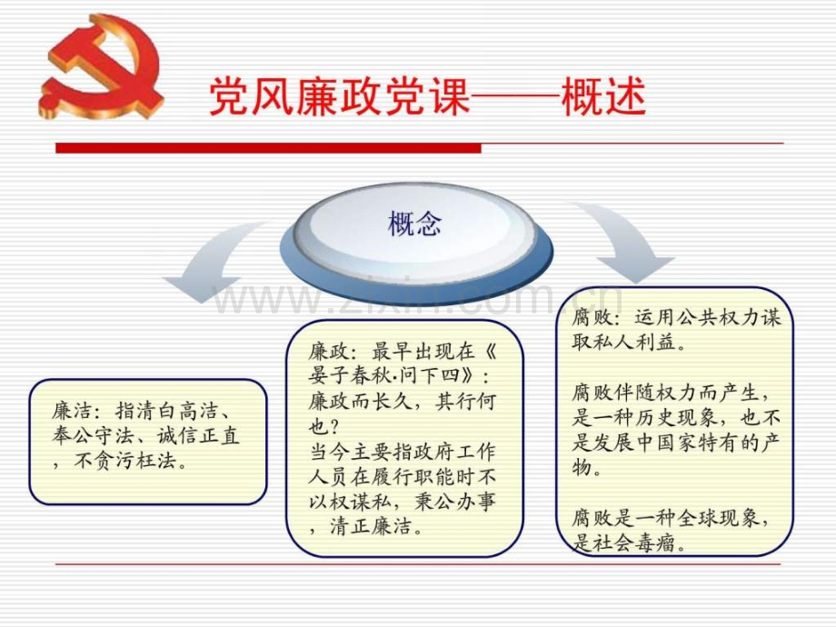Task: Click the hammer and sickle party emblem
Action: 101,66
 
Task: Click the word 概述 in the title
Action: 603,96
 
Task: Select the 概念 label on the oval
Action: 414,223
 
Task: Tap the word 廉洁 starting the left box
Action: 71,411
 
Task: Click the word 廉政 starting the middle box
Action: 327,352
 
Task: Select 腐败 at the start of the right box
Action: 592,318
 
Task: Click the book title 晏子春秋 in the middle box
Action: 349,376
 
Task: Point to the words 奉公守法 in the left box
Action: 93,435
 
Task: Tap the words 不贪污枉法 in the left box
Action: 125,461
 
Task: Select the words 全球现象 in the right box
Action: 717,518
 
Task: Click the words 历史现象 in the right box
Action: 676,417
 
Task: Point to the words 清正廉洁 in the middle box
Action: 371,527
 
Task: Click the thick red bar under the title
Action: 268,148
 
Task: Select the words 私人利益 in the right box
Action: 634,342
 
